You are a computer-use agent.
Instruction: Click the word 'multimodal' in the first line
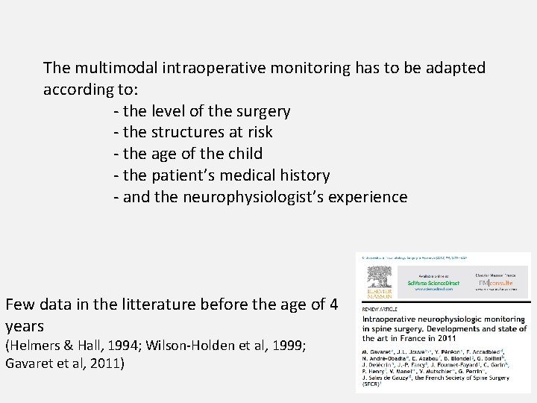[x=110, y=69]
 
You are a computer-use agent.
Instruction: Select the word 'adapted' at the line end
[x=457, y=69]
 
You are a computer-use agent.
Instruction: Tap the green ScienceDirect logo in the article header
[x=434, y=284]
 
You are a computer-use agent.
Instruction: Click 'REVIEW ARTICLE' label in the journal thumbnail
[x=380, y=307]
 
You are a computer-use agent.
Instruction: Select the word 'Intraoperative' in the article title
[x=390, y=318]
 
